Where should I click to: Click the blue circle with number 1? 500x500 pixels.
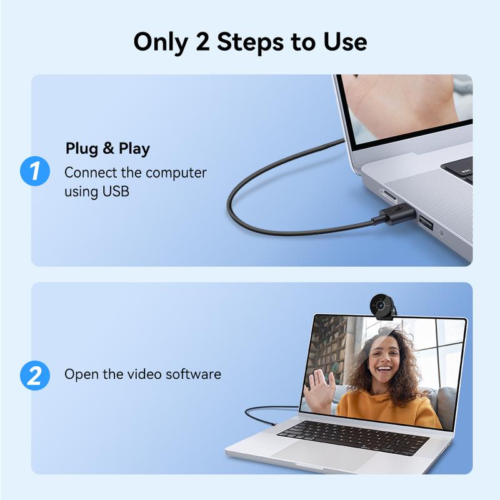pyautogui.click(x=35, y=171)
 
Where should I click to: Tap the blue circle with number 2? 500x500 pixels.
pyautogui.click(x=35, y=375)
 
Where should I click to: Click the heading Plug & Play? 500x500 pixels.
pyautogui.click(x=107, y=149)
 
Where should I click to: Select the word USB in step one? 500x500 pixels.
pyautogui.click(x=116, y=191)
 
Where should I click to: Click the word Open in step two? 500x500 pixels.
pyautogui.click(x=78, y=374)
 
